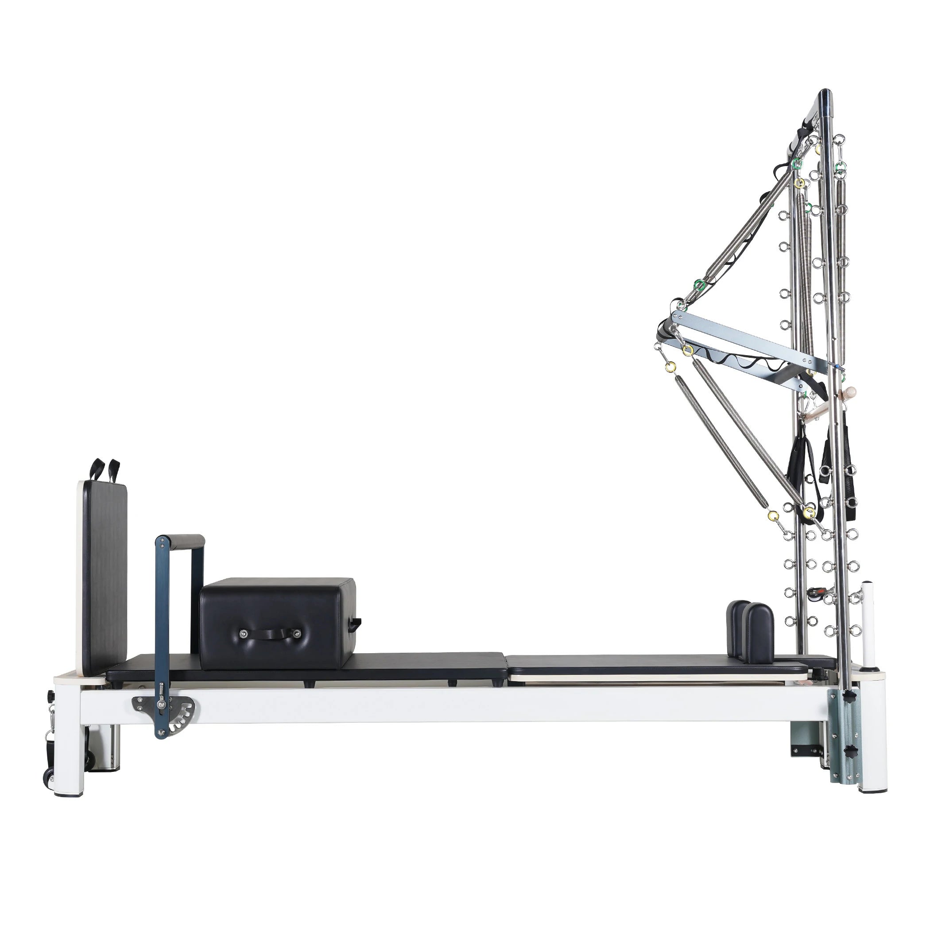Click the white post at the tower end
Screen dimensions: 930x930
pyautogui.click(x=868, y=626)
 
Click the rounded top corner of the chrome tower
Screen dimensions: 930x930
pyautogui.click(x=824, y=96)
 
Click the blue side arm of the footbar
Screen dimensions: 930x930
pyautogui.click(x=159, y=626)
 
